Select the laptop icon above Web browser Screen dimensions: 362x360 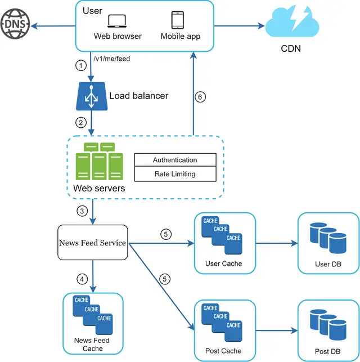tap(118, 21)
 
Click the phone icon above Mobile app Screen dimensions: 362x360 tap(178, 20)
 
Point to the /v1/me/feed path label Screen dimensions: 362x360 tap(112, 57)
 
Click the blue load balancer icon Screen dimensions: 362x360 tap(91, 96)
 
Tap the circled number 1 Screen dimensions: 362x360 tap(81, 65)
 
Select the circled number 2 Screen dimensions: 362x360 tap(81, 122)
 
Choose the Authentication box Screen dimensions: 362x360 tap(174, 160)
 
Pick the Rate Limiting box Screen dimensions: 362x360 tap(174, 174)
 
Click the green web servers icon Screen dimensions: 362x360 tap(99, 161)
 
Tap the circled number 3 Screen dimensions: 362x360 tap(81, 212)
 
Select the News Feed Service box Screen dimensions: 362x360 tap(92, 243)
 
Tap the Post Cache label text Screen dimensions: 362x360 tap(223, 351)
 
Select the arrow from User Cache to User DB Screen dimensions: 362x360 tap(276, 243)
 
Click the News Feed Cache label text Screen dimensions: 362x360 tap(92, 345)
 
